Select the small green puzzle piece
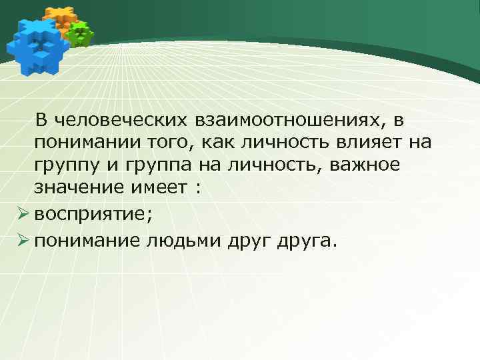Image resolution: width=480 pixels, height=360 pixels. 81,33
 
